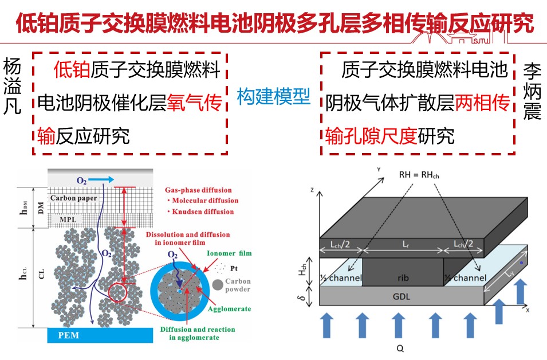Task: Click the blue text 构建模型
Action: [x=274, y=96]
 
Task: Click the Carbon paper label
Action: [x=73, y=198]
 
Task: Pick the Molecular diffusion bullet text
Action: [x=202, y=201]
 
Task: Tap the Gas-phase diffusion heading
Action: [x=198, y=190]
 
